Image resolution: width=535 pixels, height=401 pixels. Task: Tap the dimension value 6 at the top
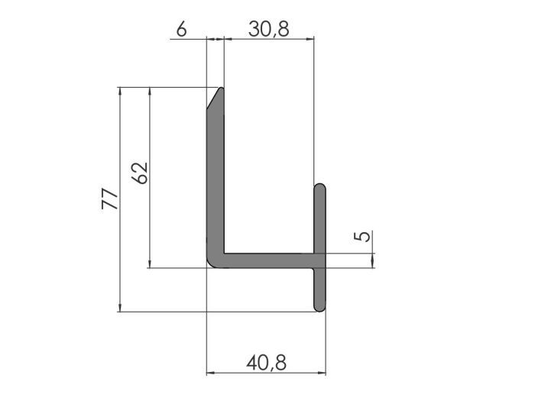(181, 29)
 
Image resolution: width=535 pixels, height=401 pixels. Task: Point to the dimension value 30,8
(268, 29)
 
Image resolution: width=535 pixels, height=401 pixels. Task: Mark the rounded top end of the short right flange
(320, 187)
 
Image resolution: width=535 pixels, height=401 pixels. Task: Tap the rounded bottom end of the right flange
(320, 307)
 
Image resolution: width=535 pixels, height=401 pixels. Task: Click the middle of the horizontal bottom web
(267, 260)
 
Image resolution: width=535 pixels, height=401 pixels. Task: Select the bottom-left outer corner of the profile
(210, 265)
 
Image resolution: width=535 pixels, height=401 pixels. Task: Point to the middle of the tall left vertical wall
(216, 176)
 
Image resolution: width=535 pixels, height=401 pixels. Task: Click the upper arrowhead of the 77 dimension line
(120, 91)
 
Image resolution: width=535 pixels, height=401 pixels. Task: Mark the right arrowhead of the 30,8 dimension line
(311, 40)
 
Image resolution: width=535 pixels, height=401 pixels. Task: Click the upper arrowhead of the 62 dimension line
(151, 91)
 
